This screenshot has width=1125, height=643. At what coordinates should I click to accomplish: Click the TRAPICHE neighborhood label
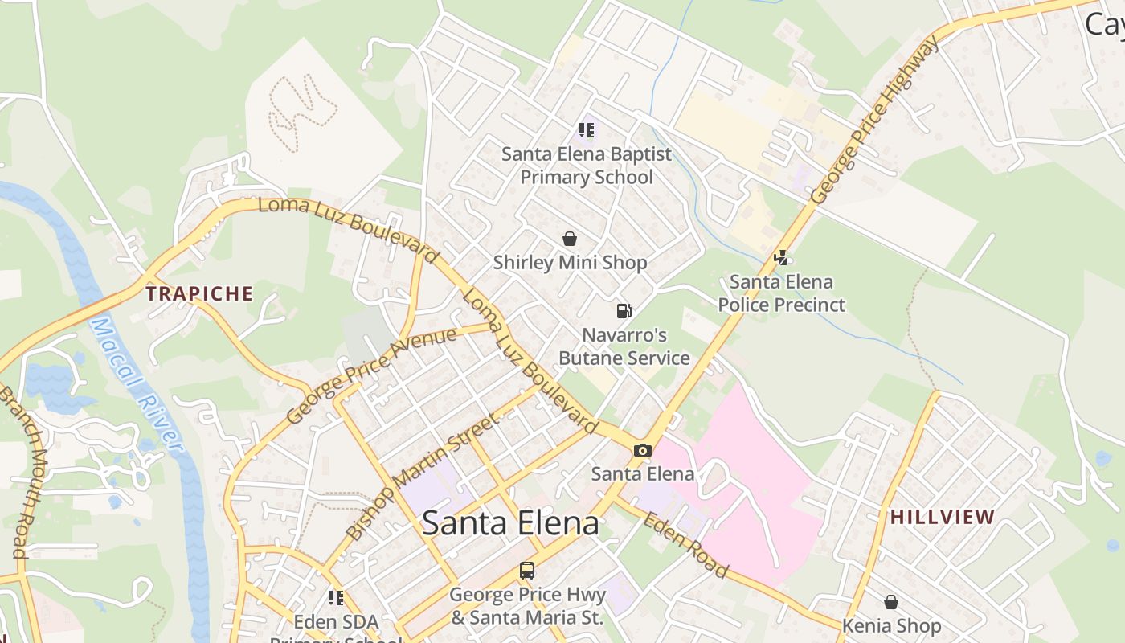pyautogui.click(x=199, y=294)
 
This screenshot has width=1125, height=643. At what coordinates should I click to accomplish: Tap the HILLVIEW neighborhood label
pyautogui.click(x=943, y=517)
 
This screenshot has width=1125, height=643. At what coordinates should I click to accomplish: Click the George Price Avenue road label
pyautogui.click(x=371, y=375)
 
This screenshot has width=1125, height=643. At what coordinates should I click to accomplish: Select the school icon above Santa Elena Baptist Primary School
pyautogui.click(x=587, y=129)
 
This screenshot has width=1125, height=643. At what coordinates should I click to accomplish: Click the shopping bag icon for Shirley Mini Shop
pyautogui.click(x=570, y=239)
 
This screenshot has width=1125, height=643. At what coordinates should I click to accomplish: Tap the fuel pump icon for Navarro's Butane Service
pyautogui.click(x=624, y=310)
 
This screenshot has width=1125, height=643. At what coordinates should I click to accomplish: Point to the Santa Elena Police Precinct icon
pyautogui.click(x=780, y=258)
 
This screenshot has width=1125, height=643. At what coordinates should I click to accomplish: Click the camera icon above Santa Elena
pyautogui.click(x=642, y=450)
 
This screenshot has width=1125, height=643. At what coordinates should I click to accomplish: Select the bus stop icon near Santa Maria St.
pyautogui.click(x=527, y=571)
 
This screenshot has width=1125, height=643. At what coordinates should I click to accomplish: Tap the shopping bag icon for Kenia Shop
pyautogui.click(x=891, y=602)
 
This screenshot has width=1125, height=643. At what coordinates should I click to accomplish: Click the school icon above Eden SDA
pyautogui.click(x=336, y=597)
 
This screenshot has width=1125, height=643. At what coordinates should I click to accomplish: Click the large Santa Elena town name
pyautogui.click(x=510, y=523)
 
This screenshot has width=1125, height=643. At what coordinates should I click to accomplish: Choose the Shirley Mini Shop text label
pyautogui.click(x=570, y=263)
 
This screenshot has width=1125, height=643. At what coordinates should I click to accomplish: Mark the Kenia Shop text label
pyautogui.click(x=891, y=625)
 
